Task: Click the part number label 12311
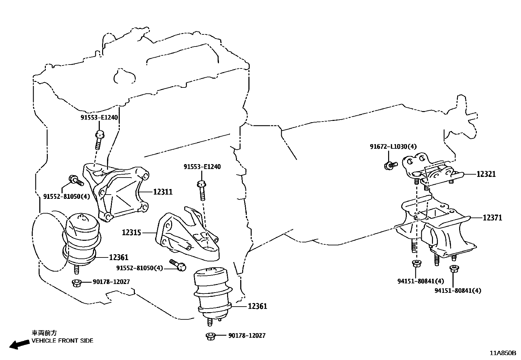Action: point(163,192)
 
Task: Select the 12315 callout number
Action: point(132,233)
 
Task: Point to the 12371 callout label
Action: point(492,218)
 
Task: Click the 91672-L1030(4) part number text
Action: point(393,146)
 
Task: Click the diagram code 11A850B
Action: point(503,353)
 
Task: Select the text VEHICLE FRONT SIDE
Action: point(62,341)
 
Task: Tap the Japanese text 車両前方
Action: point(44,333)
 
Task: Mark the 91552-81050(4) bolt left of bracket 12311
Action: point(76,180)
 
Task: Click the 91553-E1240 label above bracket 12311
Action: point(99,117)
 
